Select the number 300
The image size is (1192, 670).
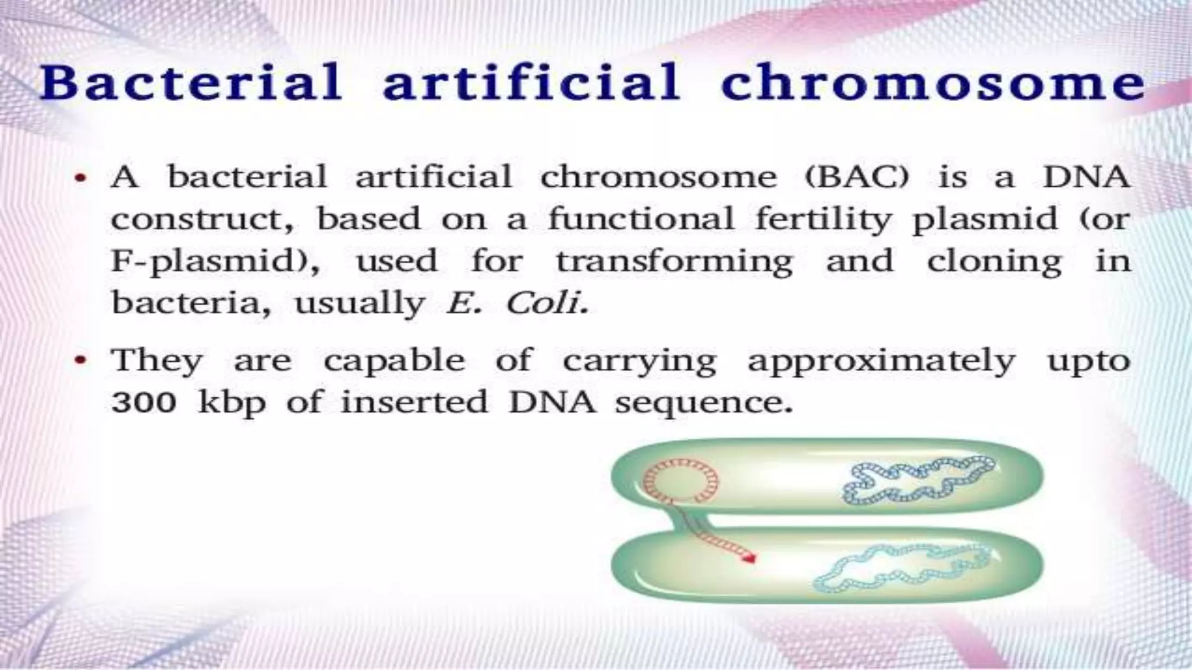(143, 402)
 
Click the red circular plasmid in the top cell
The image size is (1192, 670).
(680, 480)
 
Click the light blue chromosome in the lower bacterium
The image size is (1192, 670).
(899, 566)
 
